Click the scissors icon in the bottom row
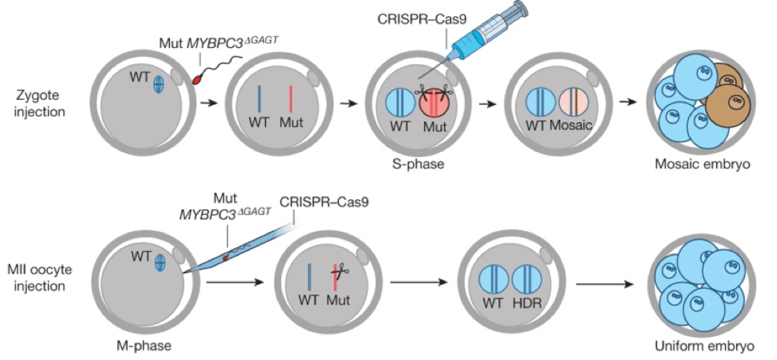click(336, 270)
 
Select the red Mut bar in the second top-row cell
click(290, 100)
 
